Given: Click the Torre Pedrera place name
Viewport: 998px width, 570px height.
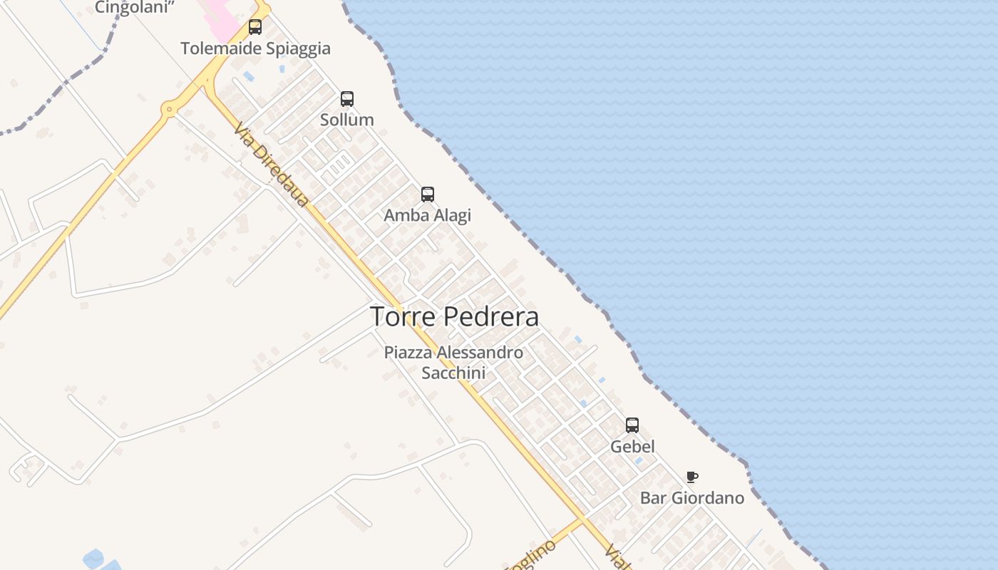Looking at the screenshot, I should click(x=454, y=316).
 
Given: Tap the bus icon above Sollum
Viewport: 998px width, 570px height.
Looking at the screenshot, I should click(x=347, y=99).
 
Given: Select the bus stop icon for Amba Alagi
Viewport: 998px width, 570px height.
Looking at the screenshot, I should click(x=428, y=194).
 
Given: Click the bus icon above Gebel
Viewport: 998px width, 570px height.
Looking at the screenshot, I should click(x=632, y=425).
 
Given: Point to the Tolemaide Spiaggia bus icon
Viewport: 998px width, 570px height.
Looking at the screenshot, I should click(x=255, y=27).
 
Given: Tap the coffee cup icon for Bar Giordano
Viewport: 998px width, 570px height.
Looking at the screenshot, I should click(x=691, y=477).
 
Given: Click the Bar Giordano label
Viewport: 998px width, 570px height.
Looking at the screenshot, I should click(x=691, y=497).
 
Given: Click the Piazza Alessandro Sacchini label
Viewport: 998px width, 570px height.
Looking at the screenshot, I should click(x=453, y=362).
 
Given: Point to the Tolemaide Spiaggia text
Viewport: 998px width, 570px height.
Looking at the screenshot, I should click(x=255, y=48).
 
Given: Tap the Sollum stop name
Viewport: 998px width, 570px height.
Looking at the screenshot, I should click(x=347, y=120).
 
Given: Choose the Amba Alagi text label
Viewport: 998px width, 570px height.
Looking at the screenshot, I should click(x=428, y=215).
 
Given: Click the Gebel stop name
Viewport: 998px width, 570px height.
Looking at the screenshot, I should click(x=632, y=447).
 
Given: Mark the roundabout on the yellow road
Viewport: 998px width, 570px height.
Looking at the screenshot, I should click(x=169, y=110).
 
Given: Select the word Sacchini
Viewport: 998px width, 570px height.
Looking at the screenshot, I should click(x=453, y=373).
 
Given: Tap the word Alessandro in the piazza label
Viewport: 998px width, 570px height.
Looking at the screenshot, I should click(x=480, y=352).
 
